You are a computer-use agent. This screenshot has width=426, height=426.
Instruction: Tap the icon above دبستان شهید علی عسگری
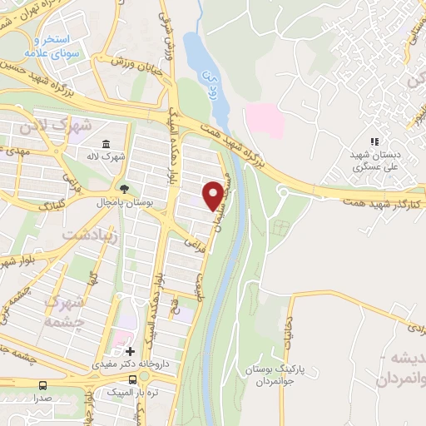coord(374,142)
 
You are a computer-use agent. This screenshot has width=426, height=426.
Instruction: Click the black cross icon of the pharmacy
coord(130,351)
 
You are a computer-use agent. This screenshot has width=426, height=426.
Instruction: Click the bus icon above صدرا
coord(42,386)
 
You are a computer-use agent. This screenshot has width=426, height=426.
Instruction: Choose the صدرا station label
coord(42,399)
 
